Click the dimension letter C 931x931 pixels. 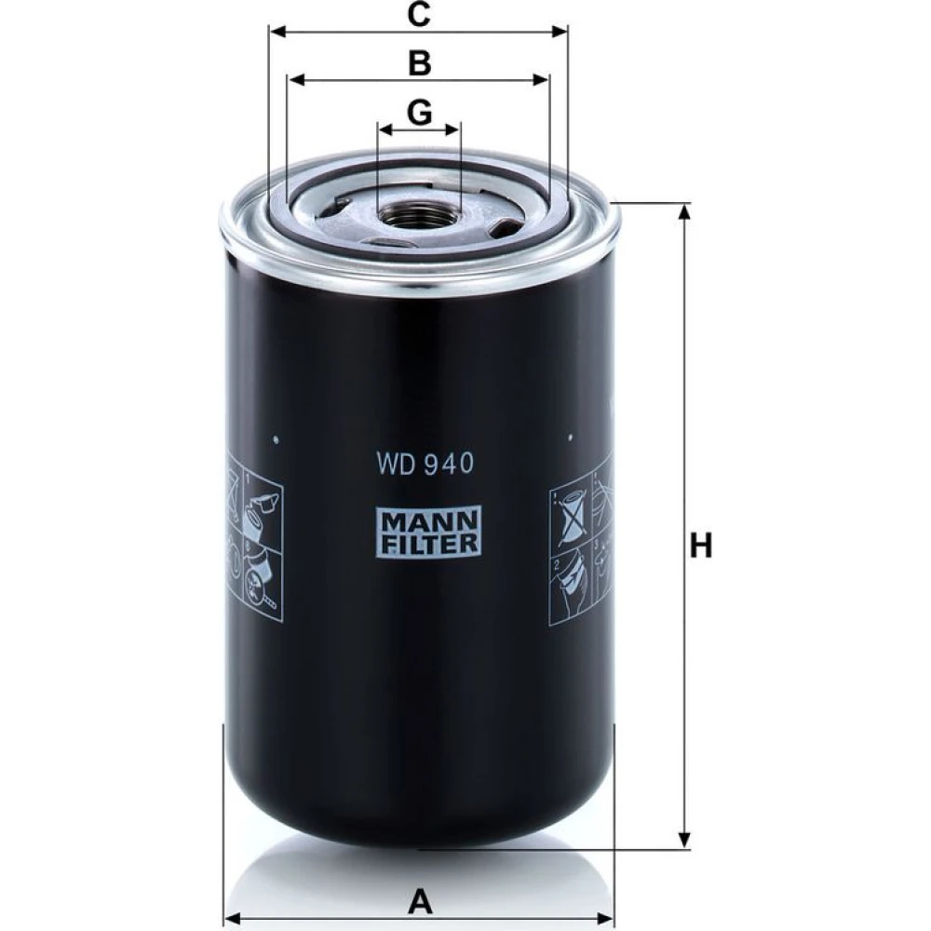[419, 14]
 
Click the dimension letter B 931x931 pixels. [419, 62]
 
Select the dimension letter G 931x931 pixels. [419, 112]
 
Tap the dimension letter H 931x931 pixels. [701, 545]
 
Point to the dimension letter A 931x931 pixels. [420, 903]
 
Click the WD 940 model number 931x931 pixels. [425, 464]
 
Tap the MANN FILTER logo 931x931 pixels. [428, 532]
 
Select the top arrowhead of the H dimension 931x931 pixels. [684, 212]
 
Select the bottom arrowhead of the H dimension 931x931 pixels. [684, 840]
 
